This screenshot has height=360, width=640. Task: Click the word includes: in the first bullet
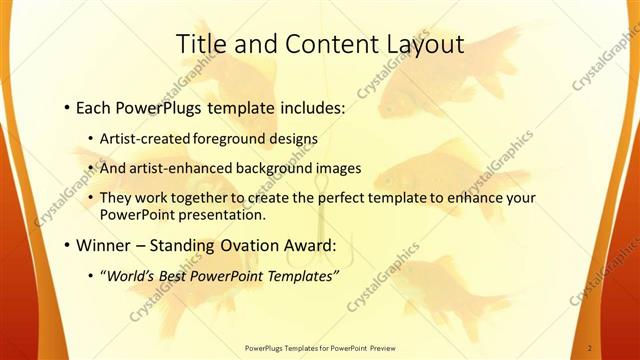(304, 105)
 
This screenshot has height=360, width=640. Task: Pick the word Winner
(105, 245)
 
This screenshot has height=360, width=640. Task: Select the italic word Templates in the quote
(303, 275)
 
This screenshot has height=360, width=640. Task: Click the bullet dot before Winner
(66, 245)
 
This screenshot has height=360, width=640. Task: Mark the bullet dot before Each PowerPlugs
(66, 105)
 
